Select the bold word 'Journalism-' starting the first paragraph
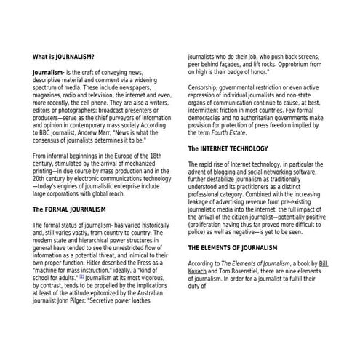pos(49,73)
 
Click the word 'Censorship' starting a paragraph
pos(207,88)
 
